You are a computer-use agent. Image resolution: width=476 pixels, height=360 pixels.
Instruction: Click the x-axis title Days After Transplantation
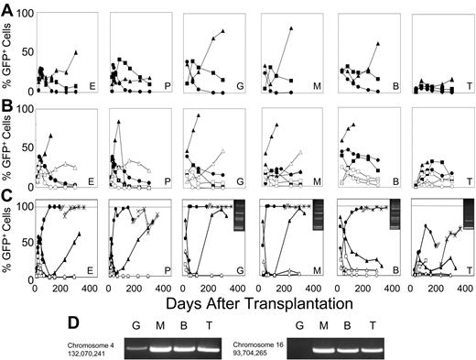click(239, 301)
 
